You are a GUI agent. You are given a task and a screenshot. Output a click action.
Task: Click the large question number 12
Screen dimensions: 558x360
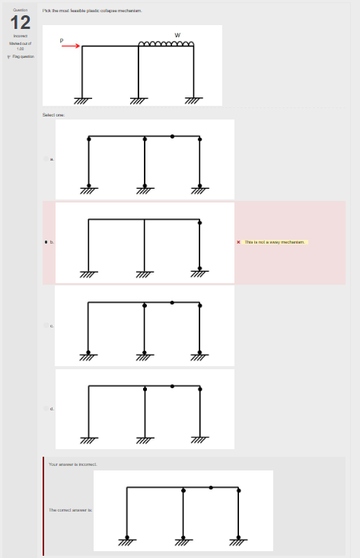[20, 22]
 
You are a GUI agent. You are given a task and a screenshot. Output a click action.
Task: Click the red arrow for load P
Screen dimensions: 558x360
[71, 46]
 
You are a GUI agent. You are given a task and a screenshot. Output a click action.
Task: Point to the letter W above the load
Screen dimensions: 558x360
[177, 35]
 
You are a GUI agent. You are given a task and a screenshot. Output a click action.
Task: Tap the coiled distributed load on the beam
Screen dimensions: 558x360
[166, 43]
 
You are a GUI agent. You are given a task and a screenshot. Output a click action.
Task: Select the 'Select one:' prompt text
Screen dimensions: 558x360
[54, 114]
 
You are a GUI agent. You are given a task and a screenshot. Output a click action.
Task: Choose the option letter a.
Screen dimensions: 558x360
[52, 159]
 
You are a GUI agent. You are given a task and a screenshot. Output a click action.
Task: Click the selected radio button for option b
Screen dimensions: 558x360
[46, 242]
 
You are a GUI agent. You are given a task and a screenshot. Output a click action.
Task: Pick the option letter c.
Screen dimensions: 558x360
[52, 326]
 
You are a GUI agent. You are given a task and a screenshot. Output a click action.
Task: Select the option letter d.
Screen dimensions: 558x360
[52, 409]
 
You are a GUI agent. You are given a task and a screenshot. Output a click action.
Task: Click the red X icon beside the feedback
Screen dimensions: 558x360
[239, 242]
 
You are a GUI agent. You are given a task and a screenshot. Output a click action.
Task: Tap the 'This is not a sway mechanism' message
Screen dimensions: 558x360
[275, 242]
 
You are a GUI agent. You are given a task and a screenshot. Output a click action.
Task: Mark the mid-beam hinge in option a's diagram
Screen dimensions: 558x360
[172, 136]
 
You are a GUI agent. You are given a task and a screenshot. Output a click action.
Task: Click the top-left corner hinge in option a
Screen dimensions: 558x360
[89, 138]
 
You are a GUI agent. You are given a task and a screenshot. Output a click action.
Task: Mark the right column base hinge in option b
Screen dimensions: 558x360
[200, 269]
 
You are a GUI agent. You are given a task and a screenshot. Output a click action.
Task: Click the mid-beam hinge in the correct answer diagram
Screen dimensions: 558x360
[211, 486]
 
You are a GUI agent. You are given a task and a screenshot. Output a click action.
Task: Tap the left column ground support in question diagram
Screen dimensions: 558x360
[82, 100]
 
